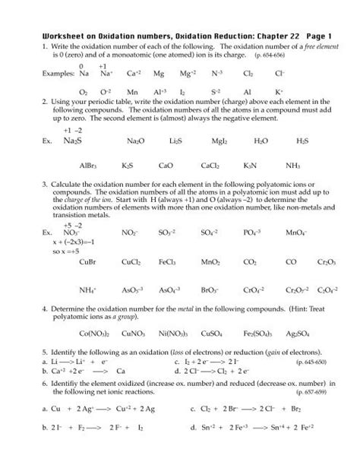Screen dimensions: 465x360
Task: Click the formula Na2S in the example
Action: pos(73,142)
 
